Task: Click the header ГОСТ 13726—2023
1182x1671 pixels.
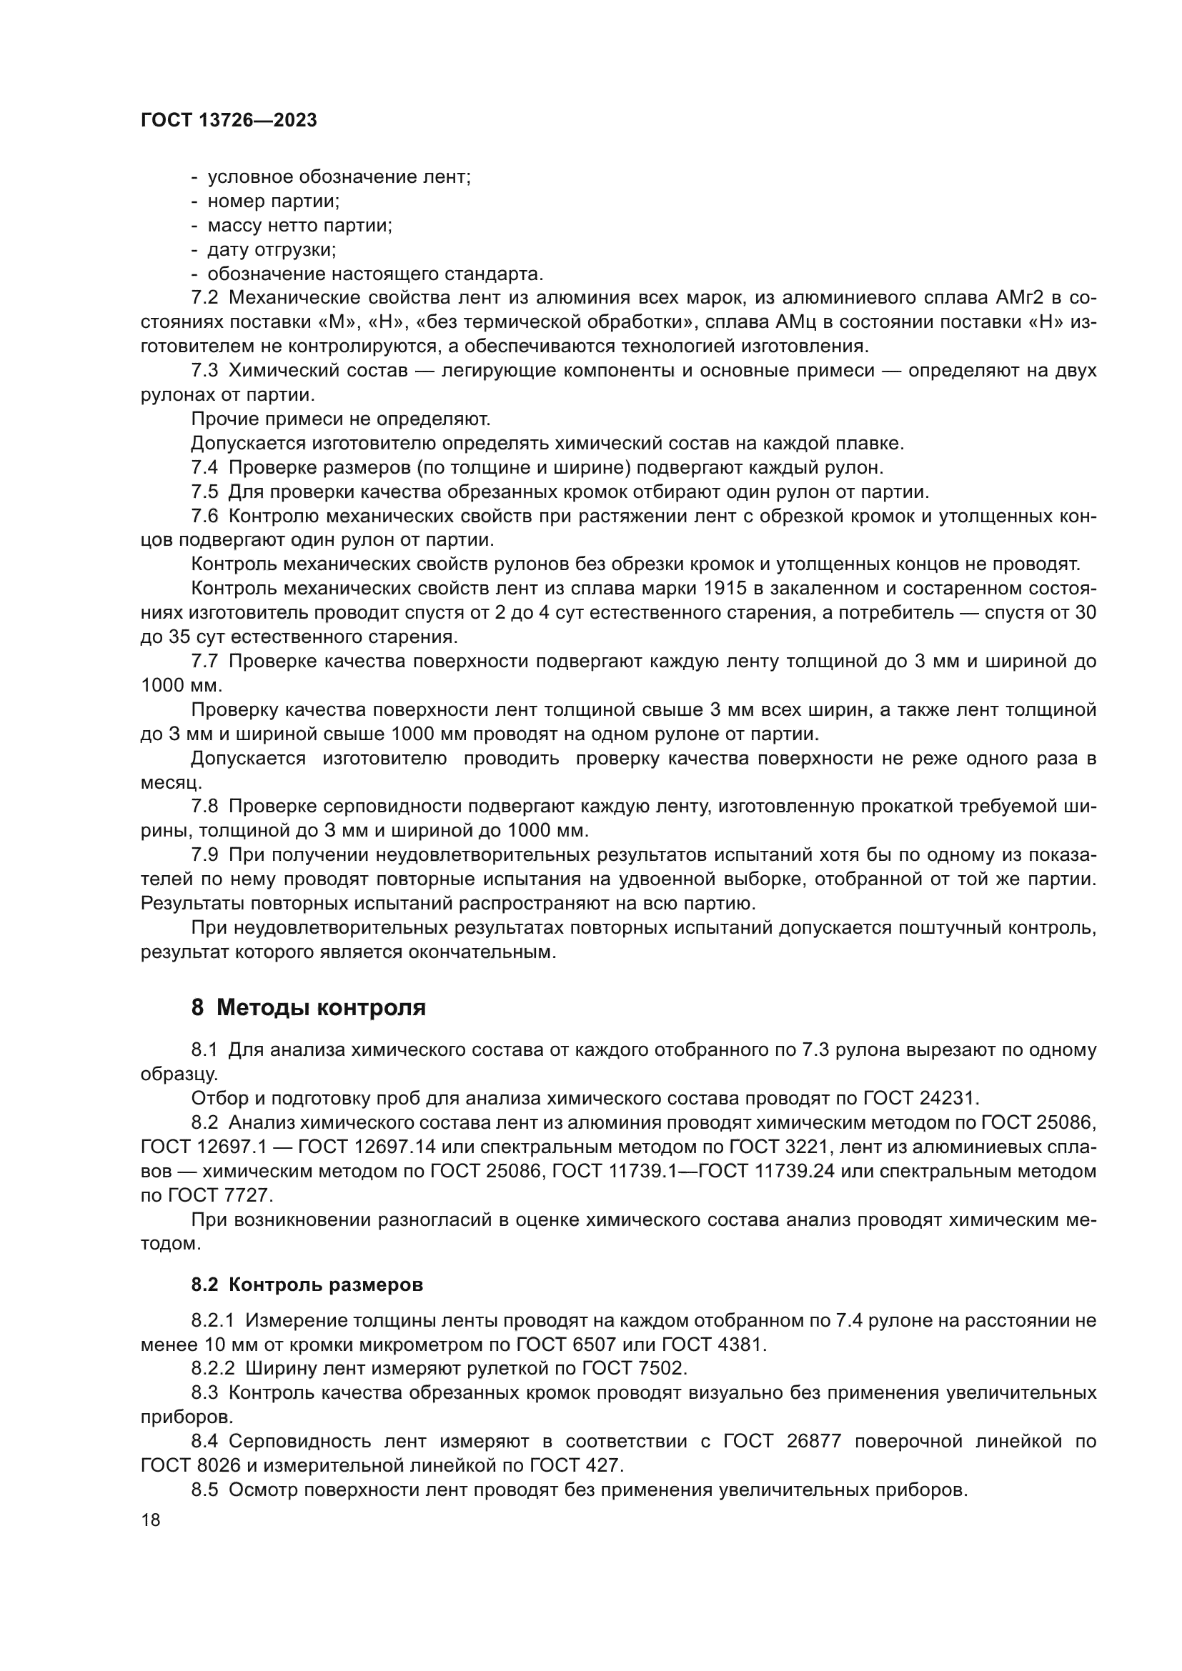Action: [229, 121]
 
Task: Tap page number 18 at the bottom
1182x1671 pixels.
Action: [151, 1520]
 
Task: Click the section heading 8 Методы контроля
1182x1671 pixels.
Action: [308, 1008]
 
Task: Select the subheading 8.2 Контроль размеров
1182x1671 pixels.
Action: [307, 1285]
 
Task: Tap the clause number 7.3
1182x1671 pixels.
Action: [204, 371]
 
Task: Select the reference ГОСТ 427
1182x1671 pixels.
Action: [576, 1465]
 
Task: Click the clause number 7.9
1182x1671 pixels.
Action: [204, 855]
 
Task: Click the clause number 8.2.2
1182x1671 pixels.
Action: [213, 1368]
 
